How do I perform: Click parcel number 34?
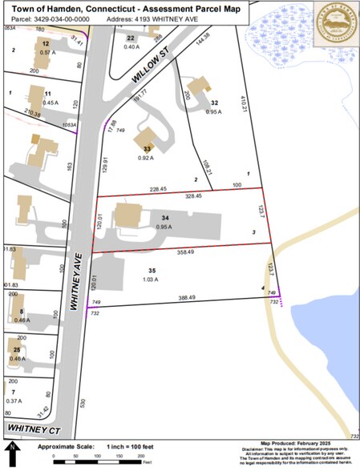(165, 219)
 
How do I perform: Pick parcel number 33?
(147, 148)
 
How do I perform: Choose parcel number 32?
(214, 103)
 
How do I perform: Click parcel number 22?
(131, 38)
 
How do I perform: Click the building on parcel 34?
(129, 215)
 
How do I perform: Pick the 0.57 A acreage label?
(47, 51)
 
